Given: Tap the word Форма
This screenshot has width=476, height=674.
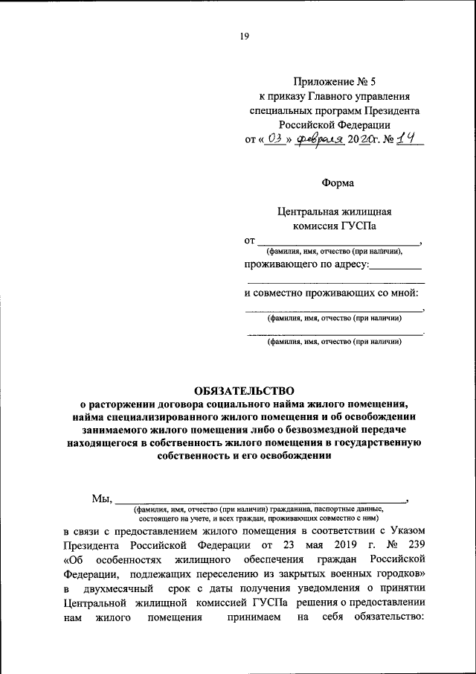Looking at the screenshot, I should coord(338,182).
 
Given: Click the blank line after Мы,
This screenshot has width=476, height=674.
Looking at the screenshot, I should coord(260,500).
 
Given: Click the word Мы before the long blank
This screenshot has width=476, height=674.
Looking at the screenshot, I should coord(100,498).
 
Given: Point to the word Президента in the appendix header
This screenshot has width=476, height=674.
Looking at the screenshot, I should coord(390,110).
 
